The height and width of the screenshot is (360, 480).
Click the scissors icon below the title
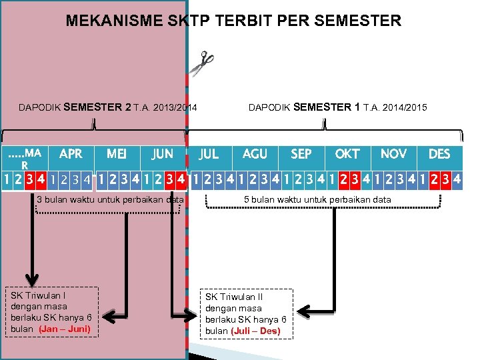click(201, 63)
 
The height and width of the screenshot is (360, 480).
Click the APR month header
click(71, 154)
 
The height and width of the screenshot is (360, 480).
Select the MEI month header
click(117, 154)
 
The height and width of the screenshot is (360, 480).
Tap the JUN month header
click(162, 154)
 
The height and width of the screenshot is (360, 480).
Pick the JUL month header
click(209, 154)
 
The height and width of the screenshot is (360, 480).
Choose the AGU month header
click(255, 154)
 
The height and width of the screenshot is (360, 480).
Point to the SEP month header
click(301, 154)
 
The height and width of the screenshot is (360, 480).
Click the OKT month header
click(347, 154)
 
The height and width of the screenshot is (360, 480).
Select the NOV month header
click(393, 154)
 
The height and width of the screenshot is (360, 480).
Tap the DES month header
click(439, 154)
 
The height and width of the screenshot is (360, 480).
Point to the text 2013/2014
click(175, 107)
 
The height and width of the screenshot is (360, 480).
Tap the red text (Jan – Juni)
click(65, 329)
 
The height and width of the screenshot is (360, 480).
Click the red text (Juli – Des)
click(256, 331)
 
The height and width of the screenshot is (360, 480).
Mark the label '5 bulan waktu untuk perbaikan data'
click(317, 199)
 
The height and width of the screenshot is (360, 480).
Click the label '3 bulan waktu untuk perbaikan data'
click(110, 199)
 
